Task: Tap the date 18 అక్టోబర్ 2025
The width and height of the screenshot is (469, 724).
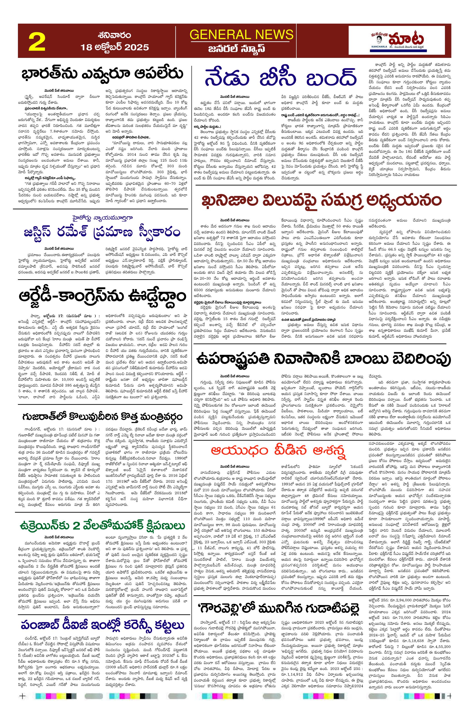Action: (x=115, y=47)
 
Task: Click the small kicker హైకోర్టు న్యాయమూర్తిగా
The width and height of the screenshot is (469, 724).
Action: (x=101, y=218)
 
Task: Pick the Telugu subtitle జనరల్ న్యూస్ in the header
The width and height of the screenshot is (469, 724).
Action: (x=236, y=49)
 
